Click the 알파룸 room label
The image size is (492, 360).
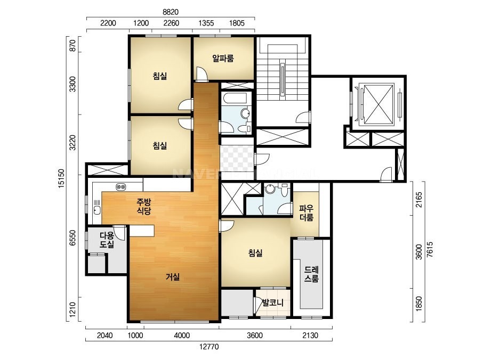coord(223,59)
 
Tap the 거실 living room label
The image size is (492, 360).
coord(173,277)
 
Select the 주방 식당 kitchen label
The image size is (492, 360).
coord(144,206)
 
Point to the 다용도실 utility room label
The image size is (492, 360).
coord(107,240)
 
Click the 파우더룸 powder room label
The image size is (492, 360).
coord(306,213)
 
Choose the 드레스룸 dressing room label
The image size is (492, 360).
coord(311,274)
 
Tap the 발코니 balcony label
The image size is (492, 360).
coord(273,302)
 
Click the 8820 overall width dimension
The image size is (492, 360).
coord(171,12)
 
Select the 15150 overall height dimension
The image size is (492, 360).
coord(61,179)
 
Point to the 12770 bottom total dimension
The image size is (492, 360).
coord(209,347)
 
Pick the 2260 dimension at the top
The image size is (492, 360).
coord(171,23)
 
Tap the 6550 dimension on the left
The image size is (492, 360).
coord(73,238)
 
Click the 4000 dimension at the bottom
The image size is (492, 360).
coord(182,336)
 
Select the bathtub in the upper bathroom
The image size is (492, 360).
coord(236,98)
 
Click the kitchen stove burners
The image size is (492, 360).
coord(121,187)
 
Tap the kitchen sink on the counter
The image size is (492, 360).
coord(97,210)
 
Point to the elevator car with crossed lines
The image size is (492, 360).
coord(378,103)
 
